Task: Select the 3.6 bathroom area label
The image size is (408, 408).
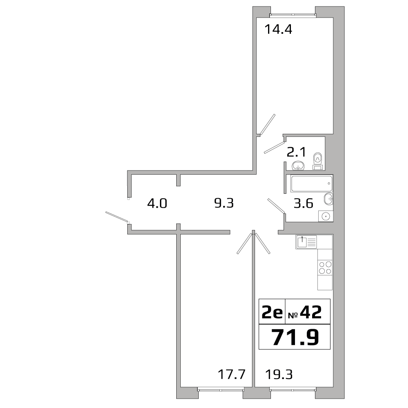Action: [304, 203]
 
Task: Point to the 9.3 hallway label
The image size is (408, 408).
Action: [224, 203]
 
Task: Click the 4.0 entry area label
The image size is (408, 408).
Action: [157, 203]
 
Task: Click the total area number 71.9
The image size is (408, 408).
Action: [295, 337]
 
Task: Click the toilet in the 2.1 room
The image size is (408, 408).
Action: [317, 161]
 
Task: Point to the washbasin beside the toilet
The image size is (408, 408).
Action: [299, 165]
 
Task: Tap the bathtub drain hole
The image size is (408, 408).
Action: [329, 183]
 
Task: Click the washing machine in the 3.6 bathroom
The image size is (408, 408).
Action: [326, 216]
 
